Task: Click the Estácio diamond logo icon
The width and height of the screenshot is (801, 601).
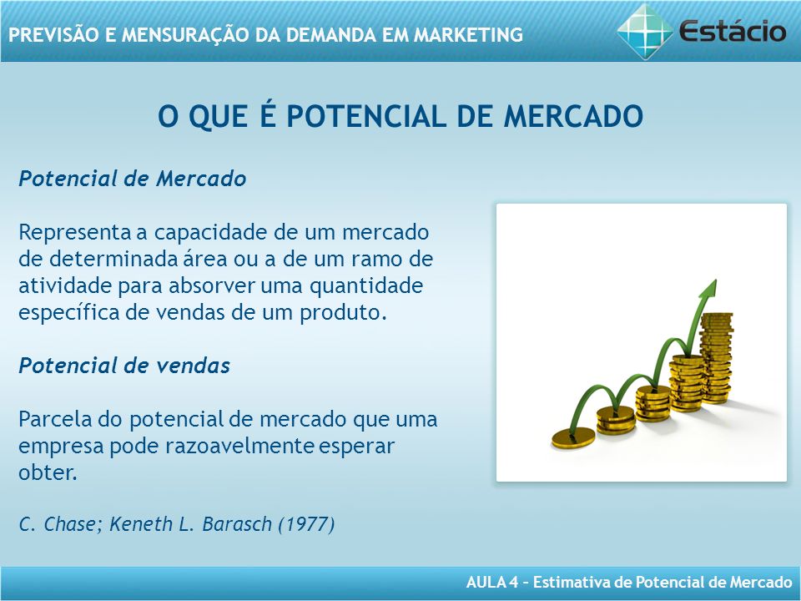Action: pyautogui.click(x=645, y=31)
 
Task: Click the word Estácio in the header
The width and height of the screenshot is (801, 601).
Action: pyautogui.click(x=732, y=32)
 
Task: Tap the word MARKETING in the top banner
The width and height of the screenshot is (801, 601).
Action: pyautogui.click(x=468, y=35)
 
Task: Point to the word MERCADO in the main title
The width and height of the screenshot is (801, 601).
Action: pyautogui.click(x=573, y=116)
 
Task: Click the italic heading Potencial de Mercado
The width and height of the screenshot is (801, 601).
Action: pyautogui.click(x=133, y=179)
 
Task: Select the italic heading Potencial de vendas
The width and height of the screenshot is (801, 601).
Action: pyautogui.click(x=124, y=366)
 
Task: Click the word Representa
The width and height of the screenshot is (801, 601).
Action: pyautogui.click(x=74, y=233)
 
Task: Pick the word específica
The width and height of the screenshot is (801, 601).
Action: pyautogui.click(x=69, y=312)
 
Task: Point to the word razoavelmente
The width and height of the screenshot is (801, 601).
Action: pyautogui.click(x=239, y=446)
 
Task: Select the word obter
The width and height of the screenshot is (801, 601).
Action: pyautogui.click(x=48, y=472)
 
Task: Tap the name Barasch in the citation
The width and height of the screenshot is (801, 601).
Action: pyautogui.click(x=237, y=524)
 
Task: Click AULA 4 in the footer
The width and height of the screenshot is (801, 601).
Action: pyautogui.click(x=492, y=582)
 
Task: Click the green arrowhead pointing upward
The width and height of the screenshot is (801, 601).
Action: pyautogui.click(x=708, y=290)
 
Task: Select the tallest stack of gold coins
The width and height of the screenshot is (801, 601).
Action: pyautogui.click(x=716, y=358)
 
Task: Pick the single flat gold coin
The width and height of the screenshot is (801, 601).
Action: pyautogui.click(x=573, y=438)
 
